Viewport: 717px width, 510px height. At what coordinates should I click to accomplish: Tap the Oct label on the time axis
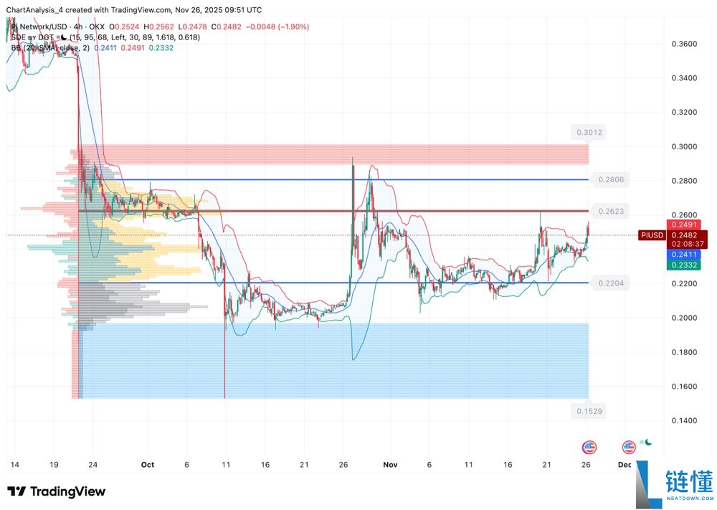click(148, 465)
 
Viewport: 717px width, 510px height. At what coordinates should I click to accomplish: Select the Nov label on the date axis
click(391, 465)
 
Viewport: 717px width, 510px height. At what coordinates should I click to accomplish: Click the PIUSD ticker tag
click(652, 235)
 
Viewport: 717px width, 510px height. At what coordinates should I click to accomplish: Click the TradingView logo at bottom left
click(57, 492)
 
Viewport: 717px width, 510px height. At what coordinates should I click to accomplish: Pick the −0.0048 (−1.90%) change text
click(277, 27)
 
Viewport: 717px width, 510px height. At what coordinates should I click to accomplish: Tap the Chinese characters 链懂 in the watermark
click(689, 481)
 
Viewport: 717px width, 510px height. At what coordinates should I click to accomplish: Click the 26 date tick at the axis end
click(587, 465)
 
